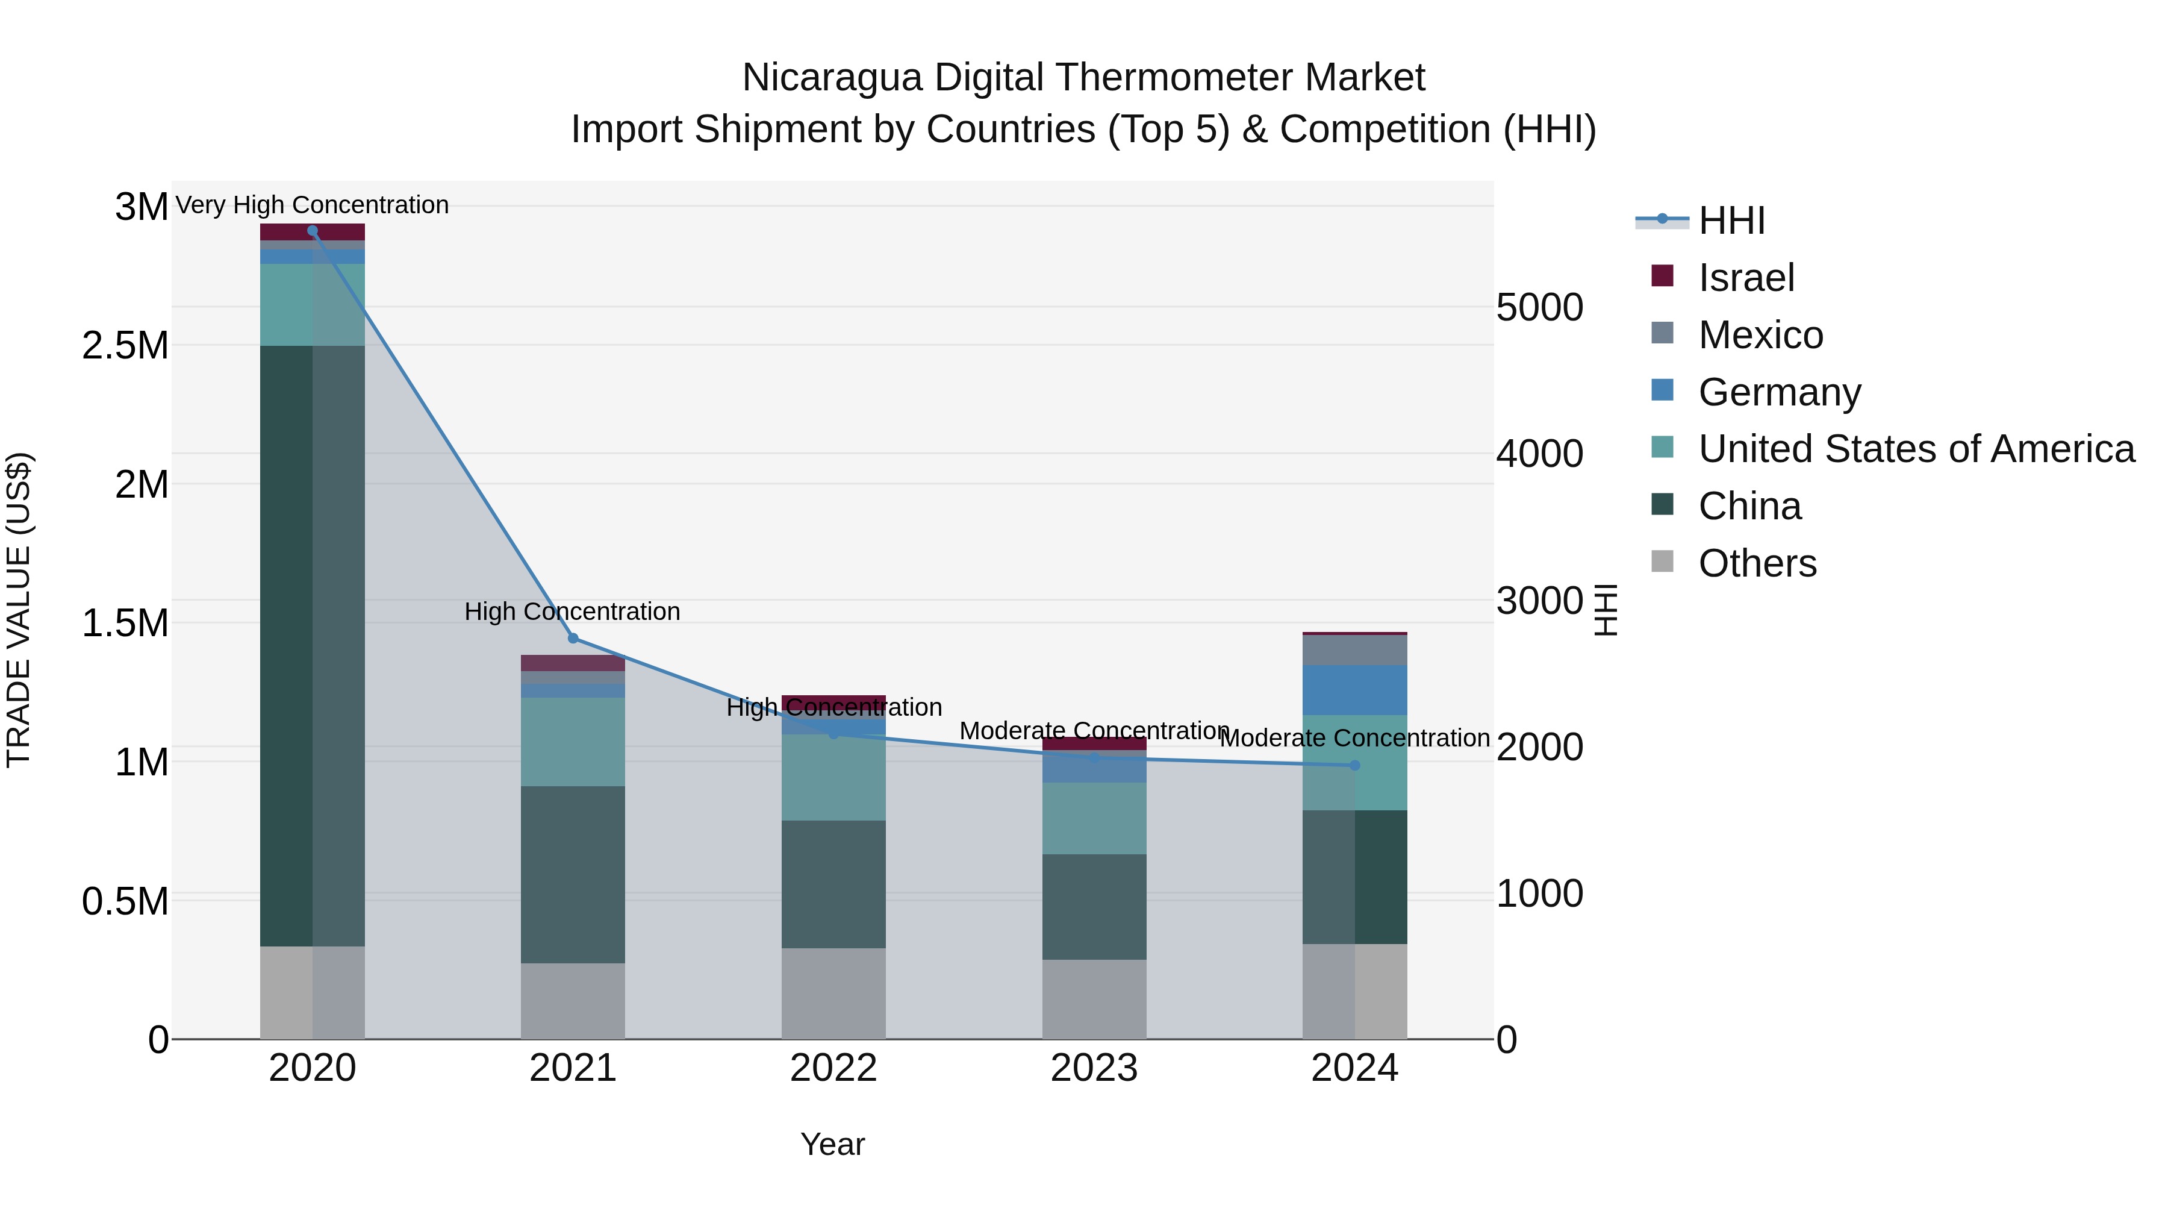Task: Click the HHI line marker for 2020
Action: pyautogui.click(x=312, y=231)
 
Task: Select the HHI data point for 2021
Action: pyautogui.click(x=573, y=638)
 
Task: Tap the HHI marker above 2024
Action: pyautogui.click(x=1354, y=765)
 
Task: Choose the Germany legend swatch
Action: pyautogui.click(x=1662, y=390)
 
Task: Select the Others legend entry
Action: pyautogui.click(x=1757, y=563)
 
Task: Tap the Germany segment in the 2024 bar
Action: pyautogui.click(x=1354, y=690)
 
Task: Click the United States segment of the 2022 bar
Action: pyautogui.click(x=833, y=777)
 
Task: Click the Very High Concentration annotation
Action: pyautogui.click(x=312, y=205)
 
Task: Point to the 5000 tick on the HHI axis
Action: pyautogui.click(x=1539, y=307)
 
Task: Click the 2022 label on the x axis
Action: pyautogui.click(x=833, y=1068)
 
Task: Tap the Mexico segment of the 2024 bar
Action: pyautogui.click(x=1354, y=650)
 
